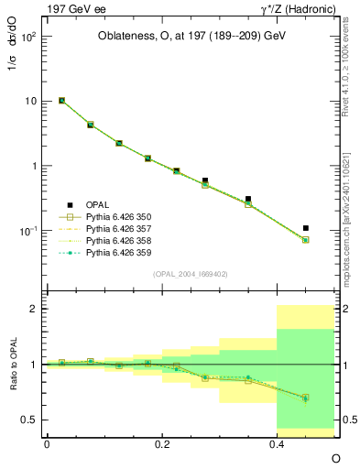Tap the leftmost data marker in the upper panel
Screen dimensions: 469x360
coord(61,101)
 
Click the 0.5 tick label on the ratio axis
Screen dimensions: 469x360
coord(30,420)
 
